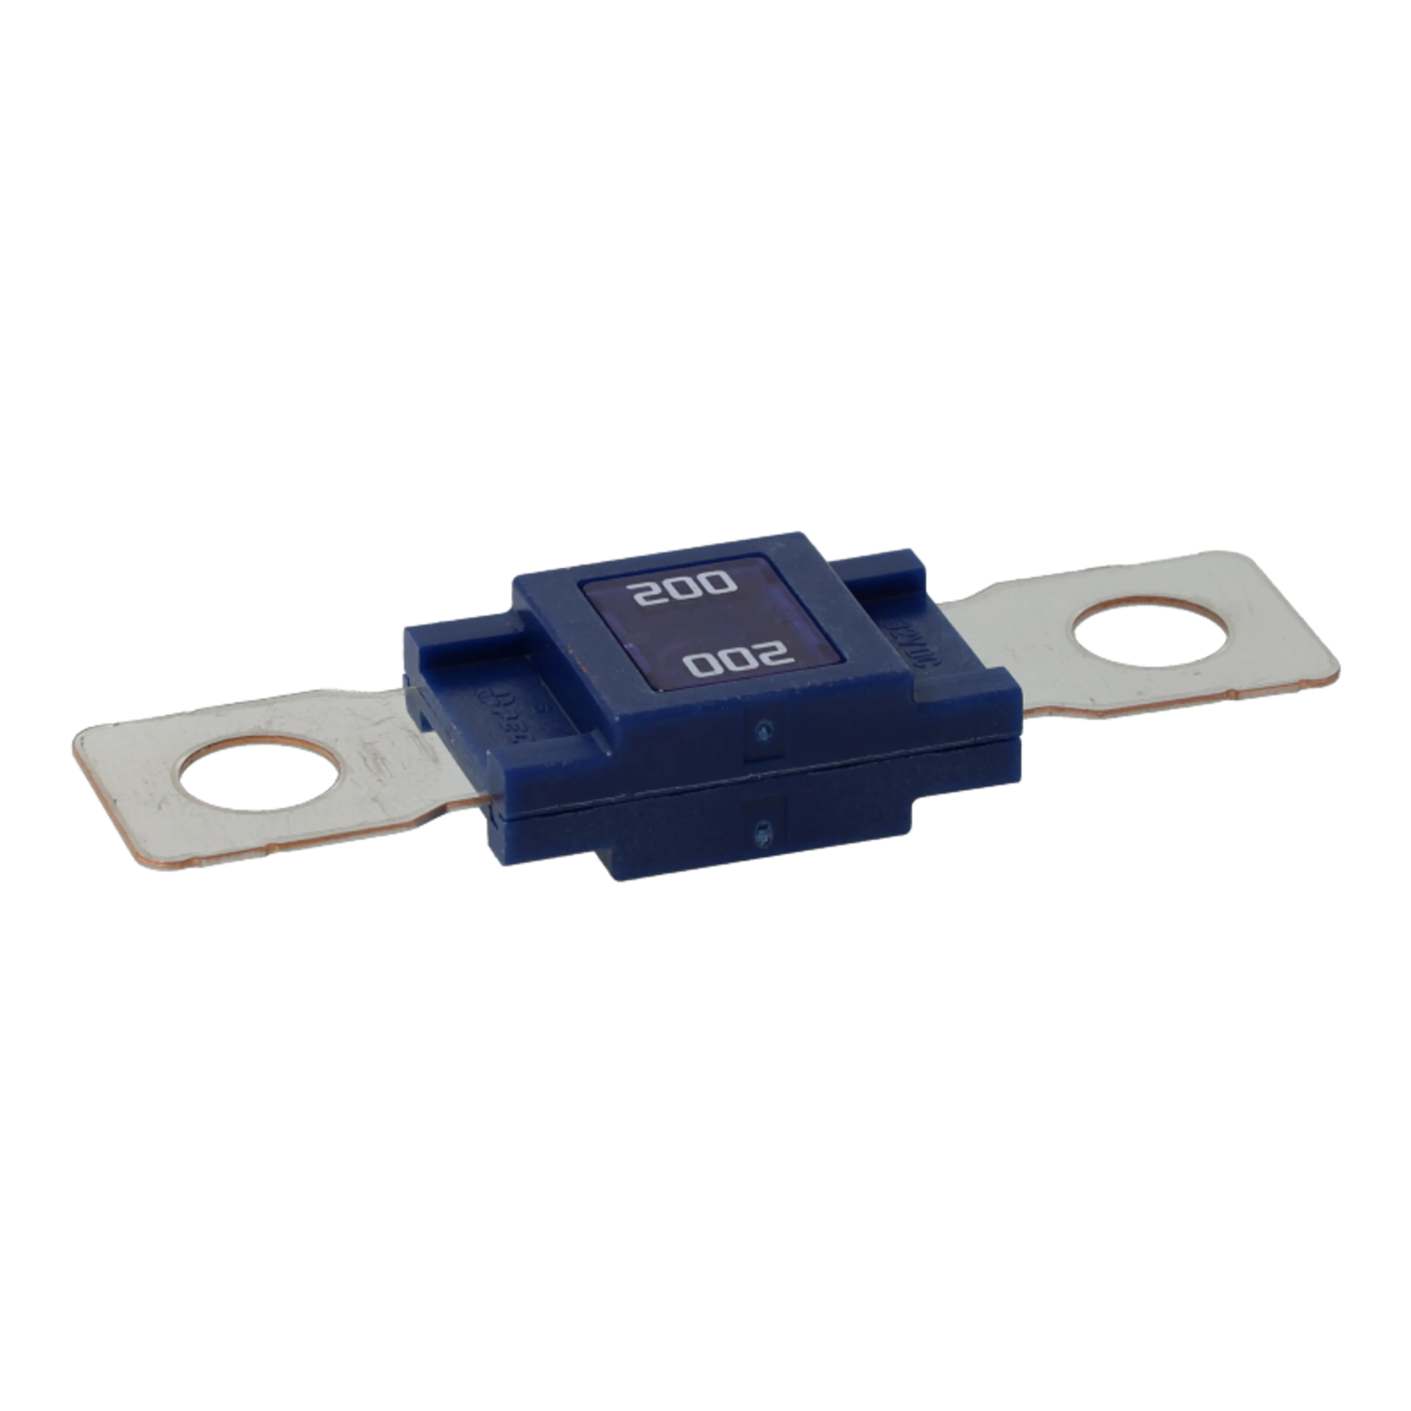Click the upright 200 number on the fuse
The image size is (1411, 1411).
pos(684,592)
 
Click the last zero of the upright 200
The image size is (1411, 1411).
pos(718,584)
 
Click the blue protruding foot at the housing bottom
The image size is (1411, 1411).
pos(760,854)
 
